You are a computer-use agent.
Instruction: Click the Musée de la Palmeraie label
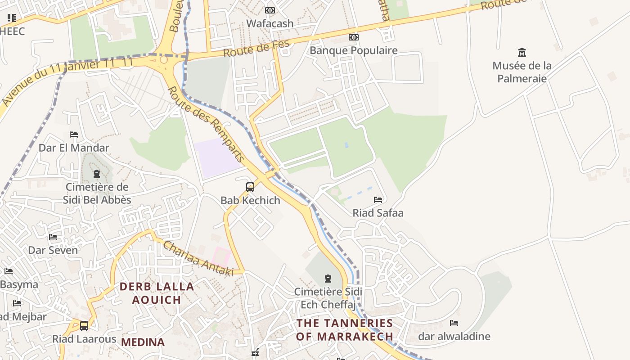pos(522,72)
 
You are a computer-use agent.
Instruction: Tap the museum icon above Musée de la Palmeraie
pos(522,52)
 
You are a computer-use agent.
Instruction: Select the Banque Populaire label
pos(353,50)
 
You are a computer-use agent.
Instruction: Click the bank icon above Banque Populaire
pos(354,37)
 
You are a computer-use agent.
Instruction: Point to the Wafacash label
pos(270,23)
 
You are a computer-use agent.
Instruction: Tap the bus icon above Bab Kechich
pos(250,187)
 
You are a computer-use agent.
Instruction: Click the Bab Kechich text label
pos(250,200)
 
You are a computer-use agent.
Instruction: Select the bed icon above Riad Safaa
pos(378,199)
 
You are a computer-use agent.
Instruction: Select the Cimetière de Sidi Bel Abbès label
pos(97,193)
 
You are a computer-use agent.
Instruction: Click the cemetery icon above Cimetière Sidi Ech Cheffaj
pos(328,279)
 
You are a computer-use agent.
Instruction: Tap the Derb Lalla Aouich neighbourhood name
pos(157,293)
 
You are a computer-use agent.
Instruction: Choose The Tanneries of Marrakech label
pos(345,329)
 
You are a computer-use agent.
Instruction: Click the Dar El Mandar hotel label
pos(74,148)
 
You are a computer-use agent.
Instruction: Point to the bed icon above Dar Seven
pos(53,237)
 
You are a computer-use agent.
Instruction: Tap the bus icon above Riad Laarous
pos(84,325)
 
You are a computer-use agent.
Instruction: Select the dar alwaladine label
pos(454,336)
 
